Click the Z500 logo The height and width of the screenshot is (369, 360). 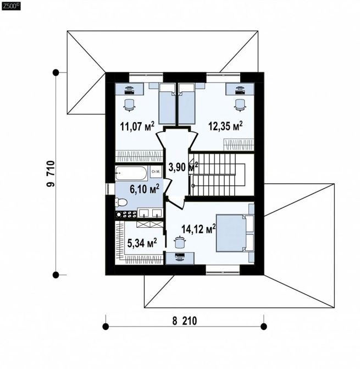click(11, 6)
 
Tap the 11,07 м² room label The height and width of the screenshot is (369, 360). click(137, 126)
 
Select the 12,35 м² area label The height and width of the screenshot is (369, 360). click(225, 126)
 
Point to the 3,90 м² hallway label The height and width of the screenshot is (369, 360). click(183, 167)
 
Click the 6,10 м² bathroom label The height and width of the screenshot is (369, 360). click(145, 189)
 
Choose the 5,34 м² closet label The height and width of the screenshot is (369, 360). click(142, 243)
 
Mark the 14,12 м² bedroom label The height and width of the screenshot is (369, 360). click(199, 229)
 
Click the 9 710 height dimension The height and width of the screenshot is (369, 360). click(51, 174)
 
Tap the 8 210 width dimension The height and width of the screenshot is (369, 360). click(185, 321)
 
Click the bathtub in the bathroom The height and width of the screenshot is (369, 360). click(131, 174)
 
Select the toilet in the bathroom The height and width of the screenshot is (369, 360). click(121, 202)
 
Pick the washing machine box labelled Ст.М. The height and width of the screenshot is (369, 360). click(156, 172)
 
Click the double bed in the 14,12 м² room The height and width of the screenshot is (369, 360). click(235, 233)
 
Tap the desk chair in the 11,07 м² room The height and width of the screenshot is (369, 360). click(129, 104)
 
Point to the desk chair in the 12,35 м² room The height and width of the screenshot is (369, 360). click(240, 104)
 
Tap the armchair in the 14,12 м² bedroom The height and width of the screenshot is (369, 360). click(180, 242)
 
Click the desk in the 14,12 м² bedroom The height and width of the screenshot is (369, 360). click(180, 258)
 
